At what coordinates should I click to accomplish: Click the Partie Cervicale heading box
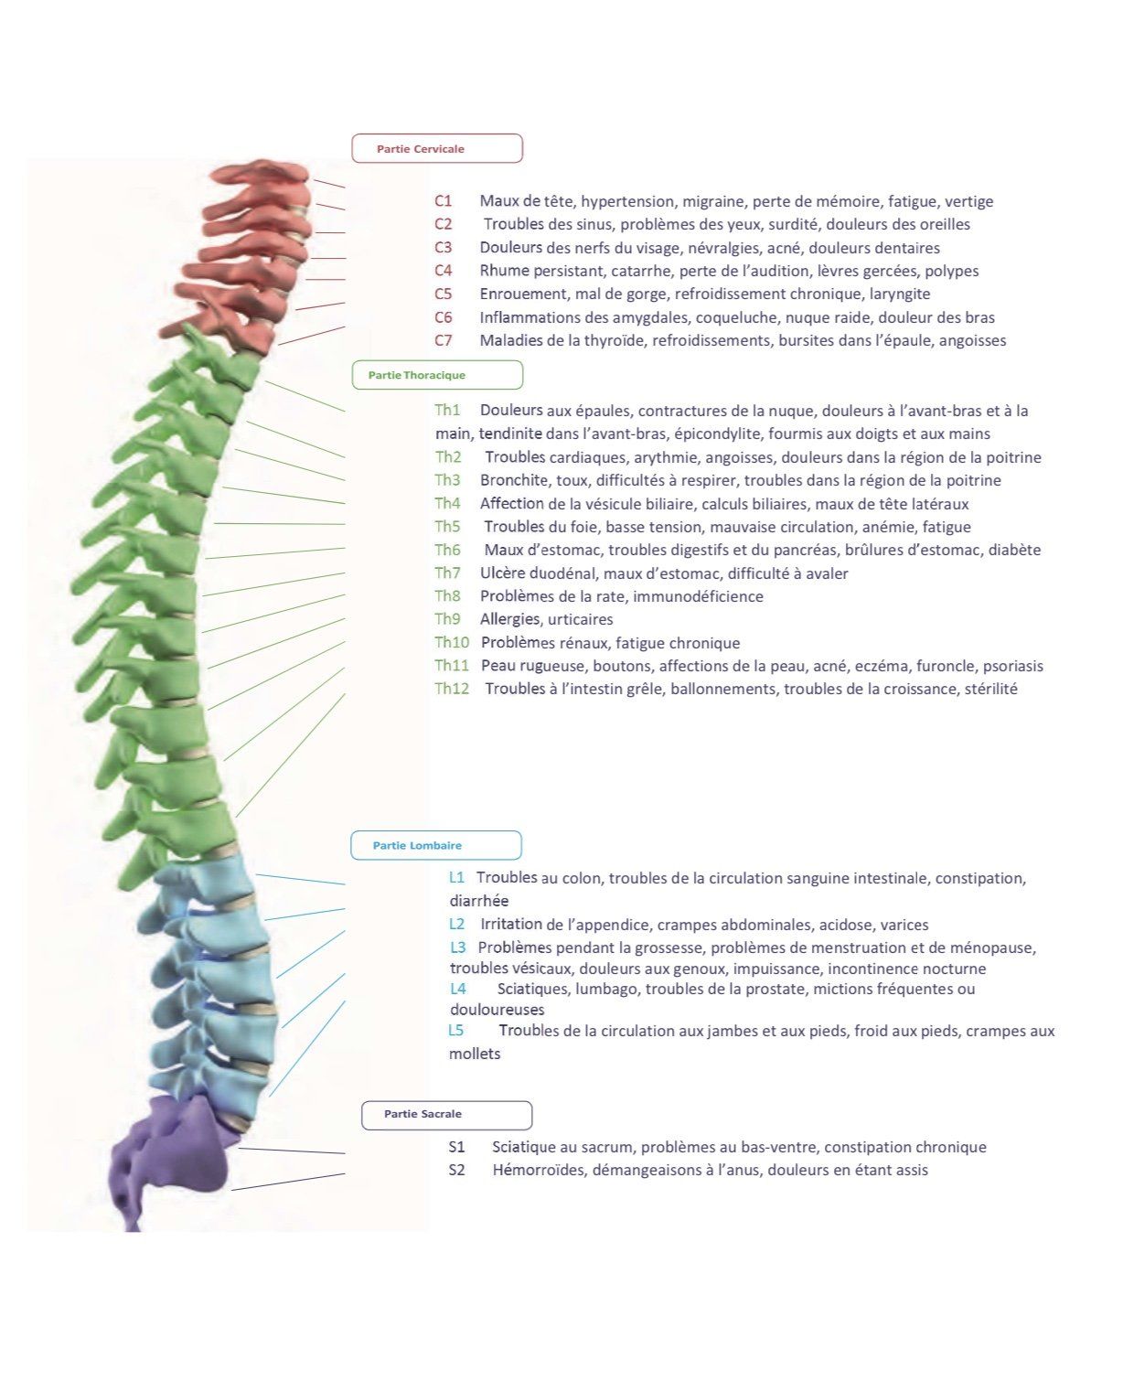tap(437, 148)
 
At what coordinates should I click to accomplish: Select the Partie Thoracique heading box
tap(437, 375)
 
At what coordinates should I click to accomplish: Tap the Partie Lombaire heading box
tap(436, 846)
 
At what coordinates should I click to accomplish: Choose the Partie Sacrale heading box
tap(446, 1115)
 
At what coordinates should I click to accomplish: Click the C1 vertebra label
tap(444, 201)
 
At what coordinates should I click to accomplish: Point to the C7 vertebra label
tap(444, 341)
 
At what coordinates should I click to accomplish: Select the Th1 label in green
tap(448, 411)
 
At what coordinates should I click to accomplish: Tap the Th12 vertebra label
tap(452, 690)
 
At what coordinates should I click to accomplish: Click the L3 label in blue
tap(458, 947)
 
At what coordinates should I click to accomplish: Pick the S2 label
tap(457, 1171)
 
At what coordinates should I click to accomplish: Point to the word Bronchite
tap(515, 481)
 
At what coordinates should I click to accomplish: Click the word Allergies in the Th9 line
tap(510, 620)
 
